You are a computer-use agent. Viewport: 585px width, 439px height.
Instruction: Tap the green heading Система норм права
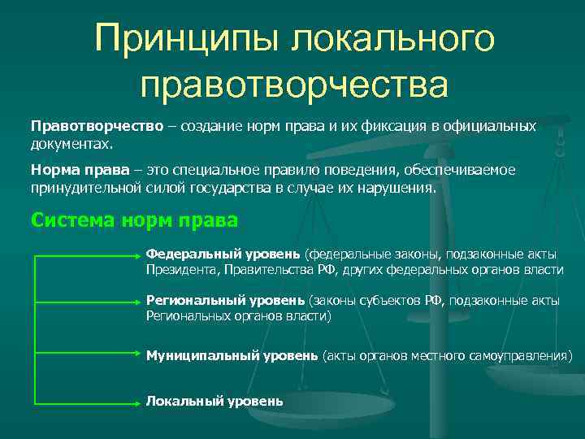tap(134, 220)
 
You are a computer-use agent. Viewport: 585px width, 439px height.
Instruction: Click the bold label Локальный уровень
tap(214, 401)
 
